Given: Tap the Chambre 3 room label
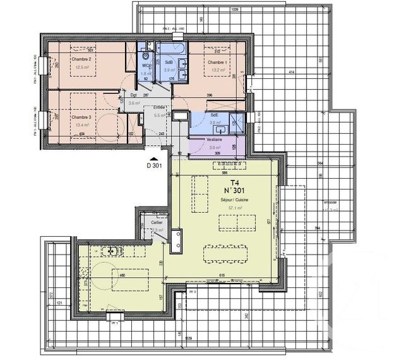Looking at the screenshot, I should pos(81,117).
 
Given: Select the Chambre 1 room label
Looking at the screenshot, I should pos(217,63).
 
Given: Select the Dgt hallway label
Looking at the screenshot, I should pos(134,95).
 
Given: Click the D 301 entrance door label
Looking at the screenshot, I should pos(155,166).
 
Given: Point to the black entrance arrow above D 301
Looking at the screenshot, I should pos(155,159).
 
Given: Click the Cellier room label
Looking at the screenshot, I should pos(156,223).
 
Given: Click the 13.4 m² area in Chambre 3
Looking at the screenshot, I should pos(81,125).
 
